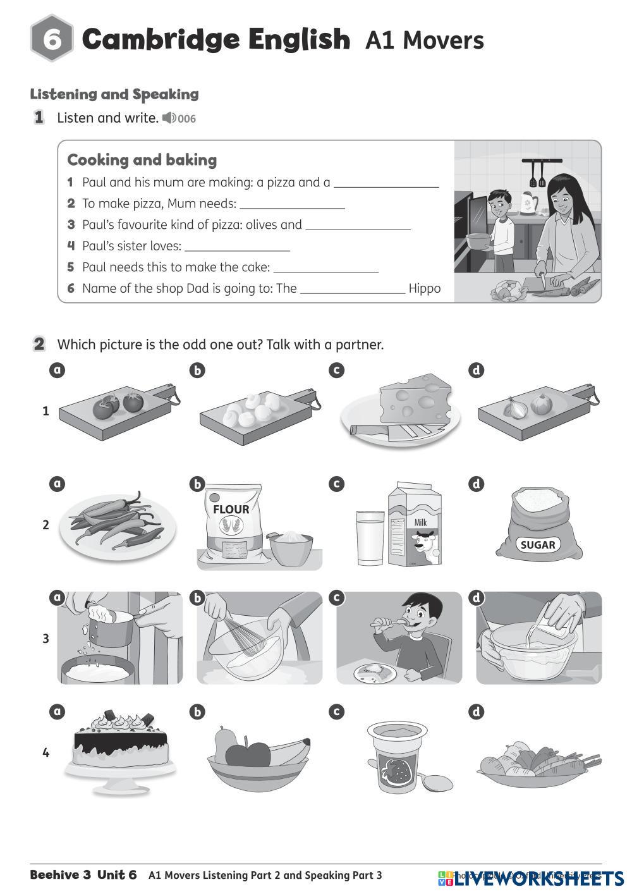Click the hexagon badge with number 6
coord(51,40)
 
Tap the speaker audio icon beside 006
coord(169,118)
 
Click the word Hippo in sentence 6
coord(425,289)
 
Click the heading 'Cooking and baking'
coord(142,160)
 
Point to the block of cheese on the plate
coord(415,396)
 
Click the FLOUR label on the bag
coord(231,509)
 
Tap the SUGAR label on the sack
coord(538,544)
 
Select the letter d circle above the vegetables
coord(476,712)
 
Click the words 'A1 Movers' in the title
coord(425,40)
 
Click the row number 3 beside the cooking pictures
coord(46,639)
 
